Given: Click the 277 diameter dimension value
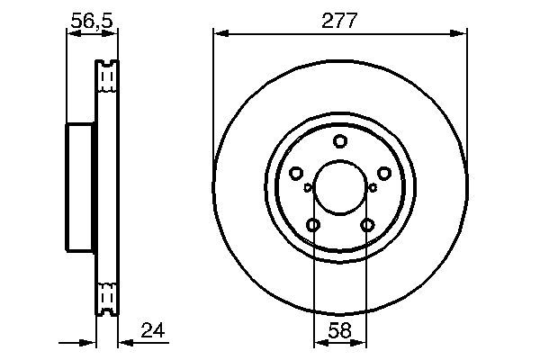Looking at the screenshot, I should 340,20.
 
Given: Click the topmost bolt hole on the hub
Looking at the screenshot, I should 339,140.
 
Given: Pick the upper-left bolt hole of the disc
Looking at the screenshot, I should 296,173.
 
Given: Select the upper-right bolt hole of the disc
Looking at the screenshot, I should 383,173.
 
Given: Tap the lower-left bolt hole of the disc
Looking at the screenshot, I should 313,225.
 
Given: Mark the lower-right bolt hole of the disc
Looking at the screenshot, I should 366,225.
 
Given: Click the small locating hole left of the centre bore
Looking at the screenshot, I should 308,187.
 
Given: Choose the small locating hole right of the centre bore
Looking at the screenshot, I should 372,187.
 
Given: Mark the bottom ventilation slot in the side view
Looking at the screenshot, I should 107,297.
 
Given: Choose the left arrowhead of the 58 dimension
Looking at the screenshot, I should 319,342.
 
